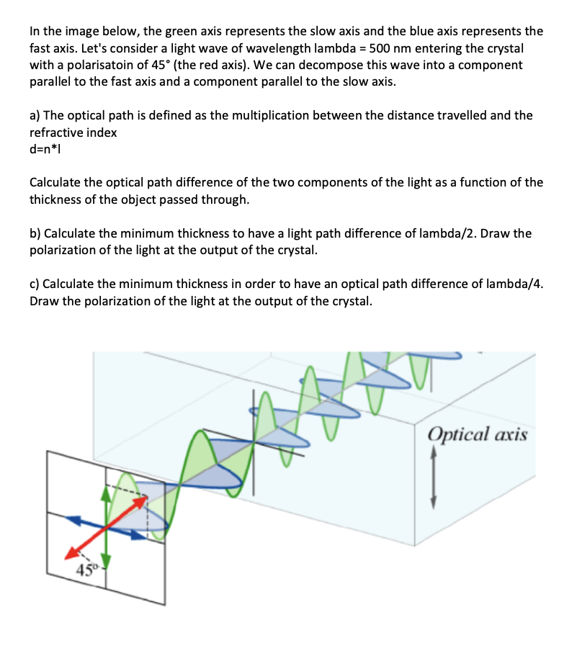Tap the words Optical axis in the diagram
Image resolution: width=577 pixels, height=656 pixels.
478,435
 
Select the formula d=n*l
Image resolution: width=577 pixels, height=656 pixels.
47,149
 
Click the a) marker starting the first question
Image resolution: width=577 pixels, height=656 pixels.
35,116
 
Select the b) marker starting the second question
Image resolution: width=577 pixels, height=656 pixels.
35,234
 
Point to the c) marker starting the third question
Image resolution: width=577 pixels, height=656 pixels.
35,284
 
